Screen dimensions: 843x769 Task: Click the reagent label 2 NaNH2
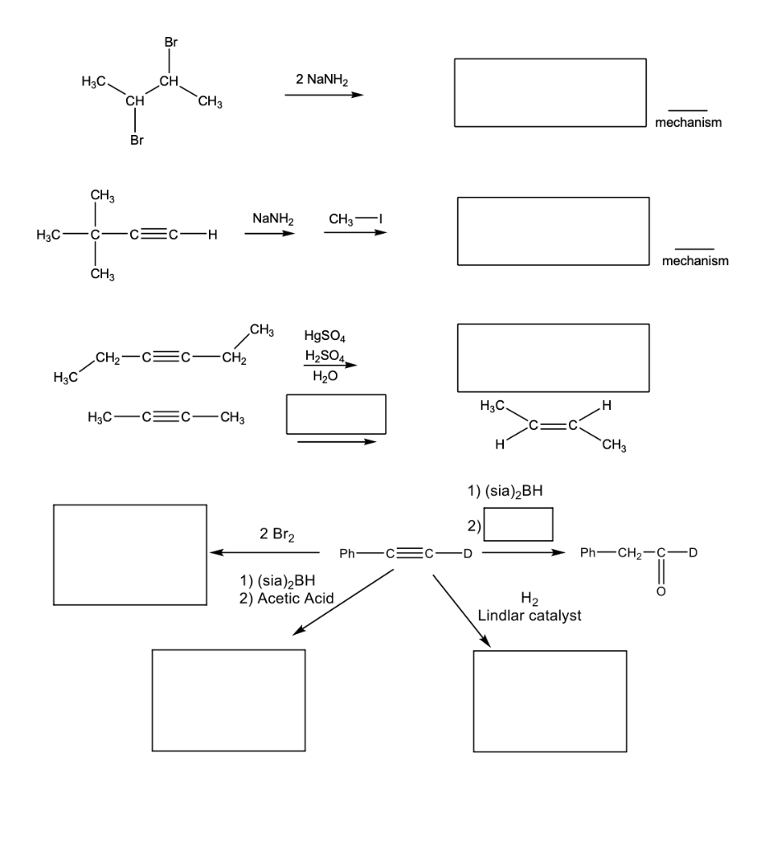coord(323,79)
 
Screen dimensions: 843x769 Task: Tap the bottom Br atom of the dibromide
coord(137,141)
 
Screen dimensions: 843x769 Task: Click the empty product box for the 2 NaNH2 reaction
coord(550,93)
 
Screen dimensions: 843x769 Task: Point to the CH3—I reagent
coord(356,219)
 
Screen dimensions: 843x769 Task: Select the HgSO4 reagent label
coord(324,336)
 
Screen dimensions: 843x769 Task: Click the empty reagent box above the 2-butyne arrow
coord(336,414)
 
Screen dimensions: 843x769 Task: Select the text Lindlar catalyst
coord(529,616)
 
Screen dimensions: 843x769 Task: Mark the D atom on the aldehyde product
coord(692,552)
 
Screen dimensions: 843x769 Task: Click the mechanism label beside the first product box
coord(688,123)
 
